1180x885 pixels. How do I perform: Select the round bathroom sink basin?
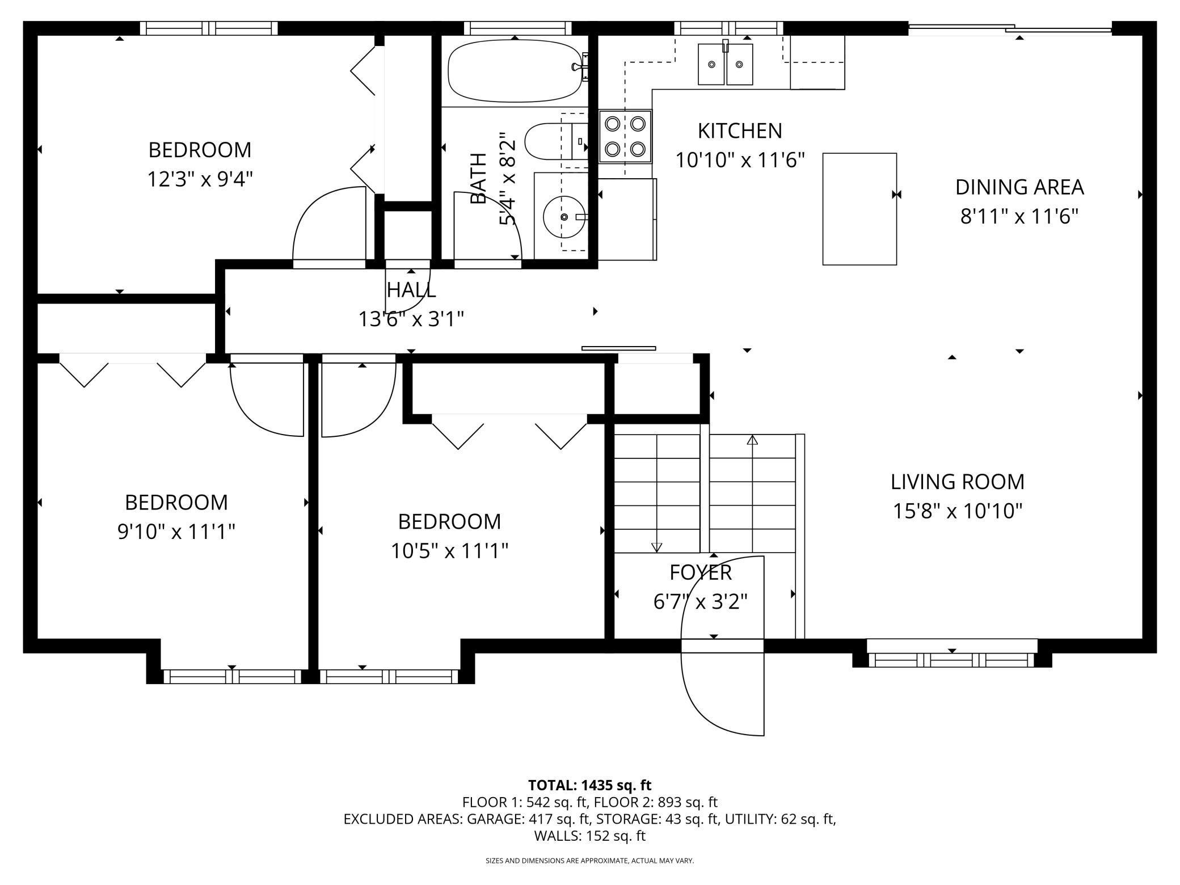tap(564, 217)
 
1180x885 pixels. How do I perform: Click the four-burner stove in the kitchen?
tap(625, 136)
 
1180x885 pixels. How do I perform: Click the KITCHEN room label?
tap(740, 131)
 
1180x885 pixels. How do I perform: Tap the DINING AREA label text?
tap(1019, 187)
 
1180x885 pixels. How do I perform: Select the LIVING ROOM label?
tap(958, 482)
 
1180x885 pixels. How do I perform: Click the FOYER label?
tap(701, 572)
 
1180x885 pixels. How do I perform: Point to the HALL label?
tap(411, 290)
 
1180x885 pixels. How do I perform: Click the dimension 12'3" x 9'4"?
tap(200, 179)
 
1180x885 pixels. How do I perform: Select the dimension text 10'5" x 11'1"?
tap(449, 550)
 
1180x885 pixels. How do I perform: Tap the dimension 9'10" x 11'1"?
tap(176, 532)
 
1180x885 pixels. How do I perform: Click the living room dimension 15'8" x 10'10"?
tap(958, 511)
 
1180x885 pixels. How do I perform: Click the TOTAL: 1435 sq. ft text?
tap(589, 785)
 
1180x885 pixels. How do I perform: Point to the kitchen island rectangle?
tap(859, 209)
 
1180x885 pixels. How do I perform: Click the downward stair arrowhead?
tap(656, 547)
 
